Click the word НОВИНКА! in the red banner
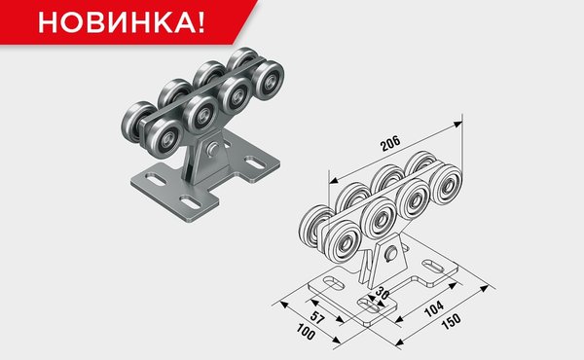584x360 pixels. pyautogui.click(x=122, y=22)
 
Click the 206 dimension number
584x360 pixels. pyautogui.click(x=390, y=143)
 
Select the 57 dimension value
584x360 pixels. pyautogui.click(x=317, y=317)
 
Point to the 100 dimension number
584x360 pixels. pyautogui.click(x=306, y=331)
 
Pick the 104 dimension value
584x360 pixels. pyautogui.click(x=434, y=308)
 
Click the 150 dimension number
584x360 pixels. pyautogui.click(x=451, y=321)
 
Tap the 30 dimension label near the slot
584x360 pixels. pyautogui.click(x=382, y=294)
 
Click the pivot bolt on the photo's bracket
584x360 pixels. pyautogui.click(x=213, y=149)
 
